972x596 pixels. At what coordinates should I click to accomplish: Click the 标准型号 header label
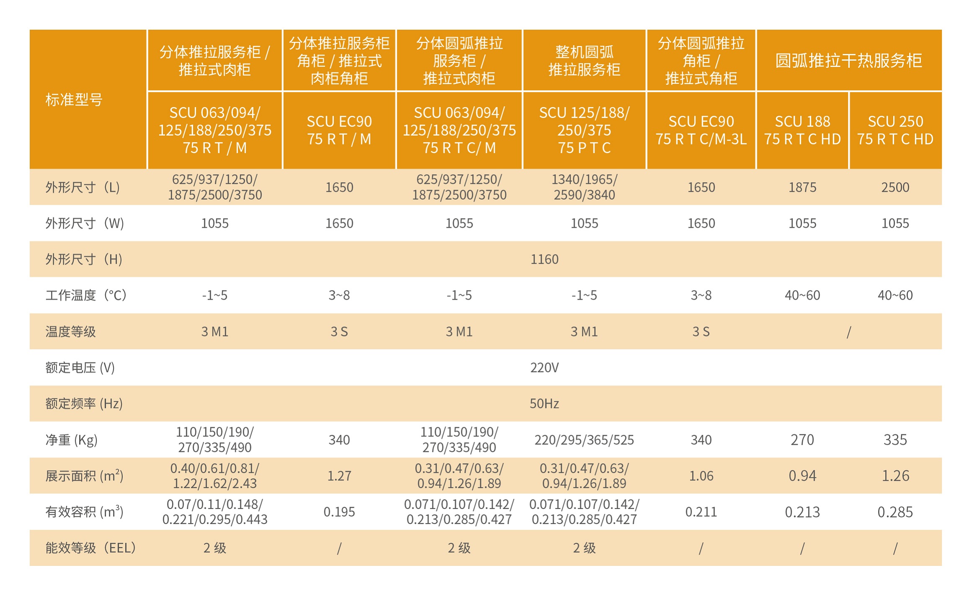tap(74, 100)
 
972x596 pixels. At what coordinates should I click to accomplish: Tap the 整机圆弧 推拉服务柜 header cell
tap(584, 61)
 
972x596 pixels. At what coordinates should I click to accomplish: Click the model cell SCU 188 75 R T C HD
tap(802, 130)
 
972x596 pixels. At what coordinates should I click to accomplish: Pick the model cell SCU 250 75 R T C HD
tap(895, 130)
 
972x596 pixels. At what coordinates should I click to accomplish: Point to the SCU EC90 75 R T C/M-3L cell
tap(701, 130)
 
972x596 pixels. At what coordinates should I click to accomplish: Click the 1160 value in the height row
tap(544, 259)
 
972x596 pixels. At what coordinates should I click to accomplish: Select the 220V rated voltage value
tap(544, 367)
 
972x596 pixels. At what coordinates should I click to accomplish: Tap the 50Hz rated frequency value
tap(544, 403)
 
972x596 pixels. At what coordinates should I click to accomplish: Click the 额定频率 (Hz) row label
tap(84, 403)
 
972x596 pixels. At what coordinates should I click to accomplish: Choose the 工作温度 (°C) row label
tap(85, 295)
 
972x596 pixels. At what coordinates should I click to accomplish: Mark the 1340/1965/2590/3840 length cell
tap(584, 187)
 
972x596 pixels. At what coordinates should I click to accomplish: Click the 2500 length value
tap(895, 187)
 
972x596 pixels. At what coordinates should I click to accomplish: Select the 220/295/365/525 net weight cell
tap(584, 440)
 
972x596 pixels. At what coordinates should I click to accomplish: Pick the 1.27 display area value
tap(339, 476)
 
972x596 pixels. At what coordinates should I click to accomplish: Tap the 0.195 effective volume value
tap(339, 512)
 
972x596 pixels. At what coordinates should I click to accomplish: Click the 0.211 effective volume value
tap(701, 512)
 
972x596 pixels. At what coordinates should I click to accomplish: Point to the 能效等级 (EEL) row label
tap(90, 548)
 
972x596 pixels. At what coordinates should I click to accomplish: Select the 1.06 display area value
tap(701, 476)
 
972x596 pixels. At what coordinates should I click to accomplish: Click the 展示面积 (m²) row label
tap(84, 476)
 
